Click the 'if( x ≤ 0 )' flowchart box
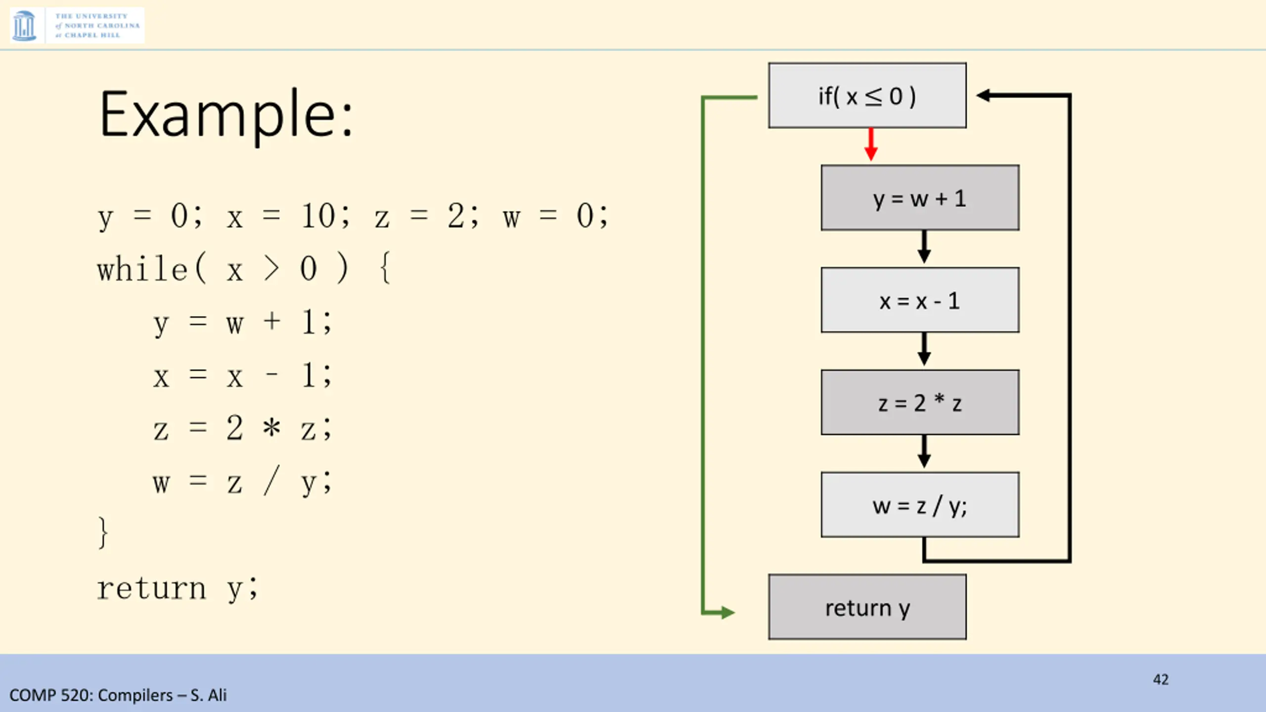tap(867, 95)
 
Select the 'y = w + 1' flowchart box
tap(920, 198)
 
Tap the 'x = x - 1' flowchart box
tap(920, 300)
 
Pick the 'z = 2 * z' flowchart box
tap(920, 402)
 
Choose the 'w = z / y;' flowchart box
tap(920, 505)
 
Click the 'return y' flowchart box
tap(867, 607)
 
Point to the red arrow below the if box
tap(871, 145)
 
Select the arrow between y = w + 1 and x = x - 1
tap(924, 247)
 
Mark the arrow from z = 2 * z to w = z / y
tap(924, 452)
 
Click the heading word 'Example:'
tap(226, 115)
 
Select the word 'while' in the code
tap(142, 269)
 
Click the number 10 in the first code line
tap(318, 216)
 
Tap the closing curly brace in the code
tap(103, 533)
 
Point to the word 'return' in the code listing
tap(151, 588)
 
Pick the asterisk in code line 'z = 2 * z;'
tap(271, 428)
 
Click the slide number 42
tap(1160, 679)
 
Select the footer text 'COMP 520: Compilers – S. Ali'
tap(118, 695)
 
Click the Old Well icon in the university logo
tap(24, 26)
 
